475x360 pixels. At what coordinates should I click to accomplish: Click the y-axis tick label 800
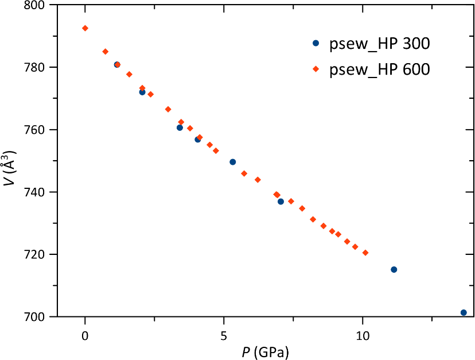click(x=36, y=5)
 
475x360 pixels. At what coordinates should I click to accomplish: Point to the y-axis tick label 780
click(x=36, y=67)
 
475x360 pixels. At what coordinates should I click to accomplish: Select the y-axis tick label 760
click(x=36, y=130)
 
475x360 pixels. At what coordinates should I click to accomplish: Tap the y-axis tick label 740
click(x=36, y=192)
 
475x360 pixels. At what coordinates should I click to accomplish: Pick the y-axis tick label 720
click(x=36, y=254)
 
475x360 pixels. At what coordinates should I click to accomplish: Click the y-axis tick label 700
click(x=36, y=316)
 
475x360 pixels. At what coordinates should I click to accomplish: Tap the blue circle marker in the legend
click(x=316, y=43)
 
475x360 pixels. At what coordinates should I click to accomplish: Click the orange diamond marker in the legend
click(x=316, y=69)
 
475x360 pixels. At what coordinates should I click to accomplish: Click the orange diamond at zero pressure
click(x=85, y=28)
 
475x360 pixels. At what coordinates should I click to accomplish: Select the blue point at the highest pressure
click(x=464, y=312)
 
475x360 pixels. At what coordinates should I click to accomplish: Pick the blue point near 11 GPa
click(x=394, y=269)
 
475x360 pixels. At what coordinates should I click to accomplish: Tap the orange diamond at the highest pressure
click(x=365, y=253)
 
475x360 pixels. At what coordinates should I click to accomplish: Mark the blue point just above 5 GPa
click(x=232, y=162)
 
